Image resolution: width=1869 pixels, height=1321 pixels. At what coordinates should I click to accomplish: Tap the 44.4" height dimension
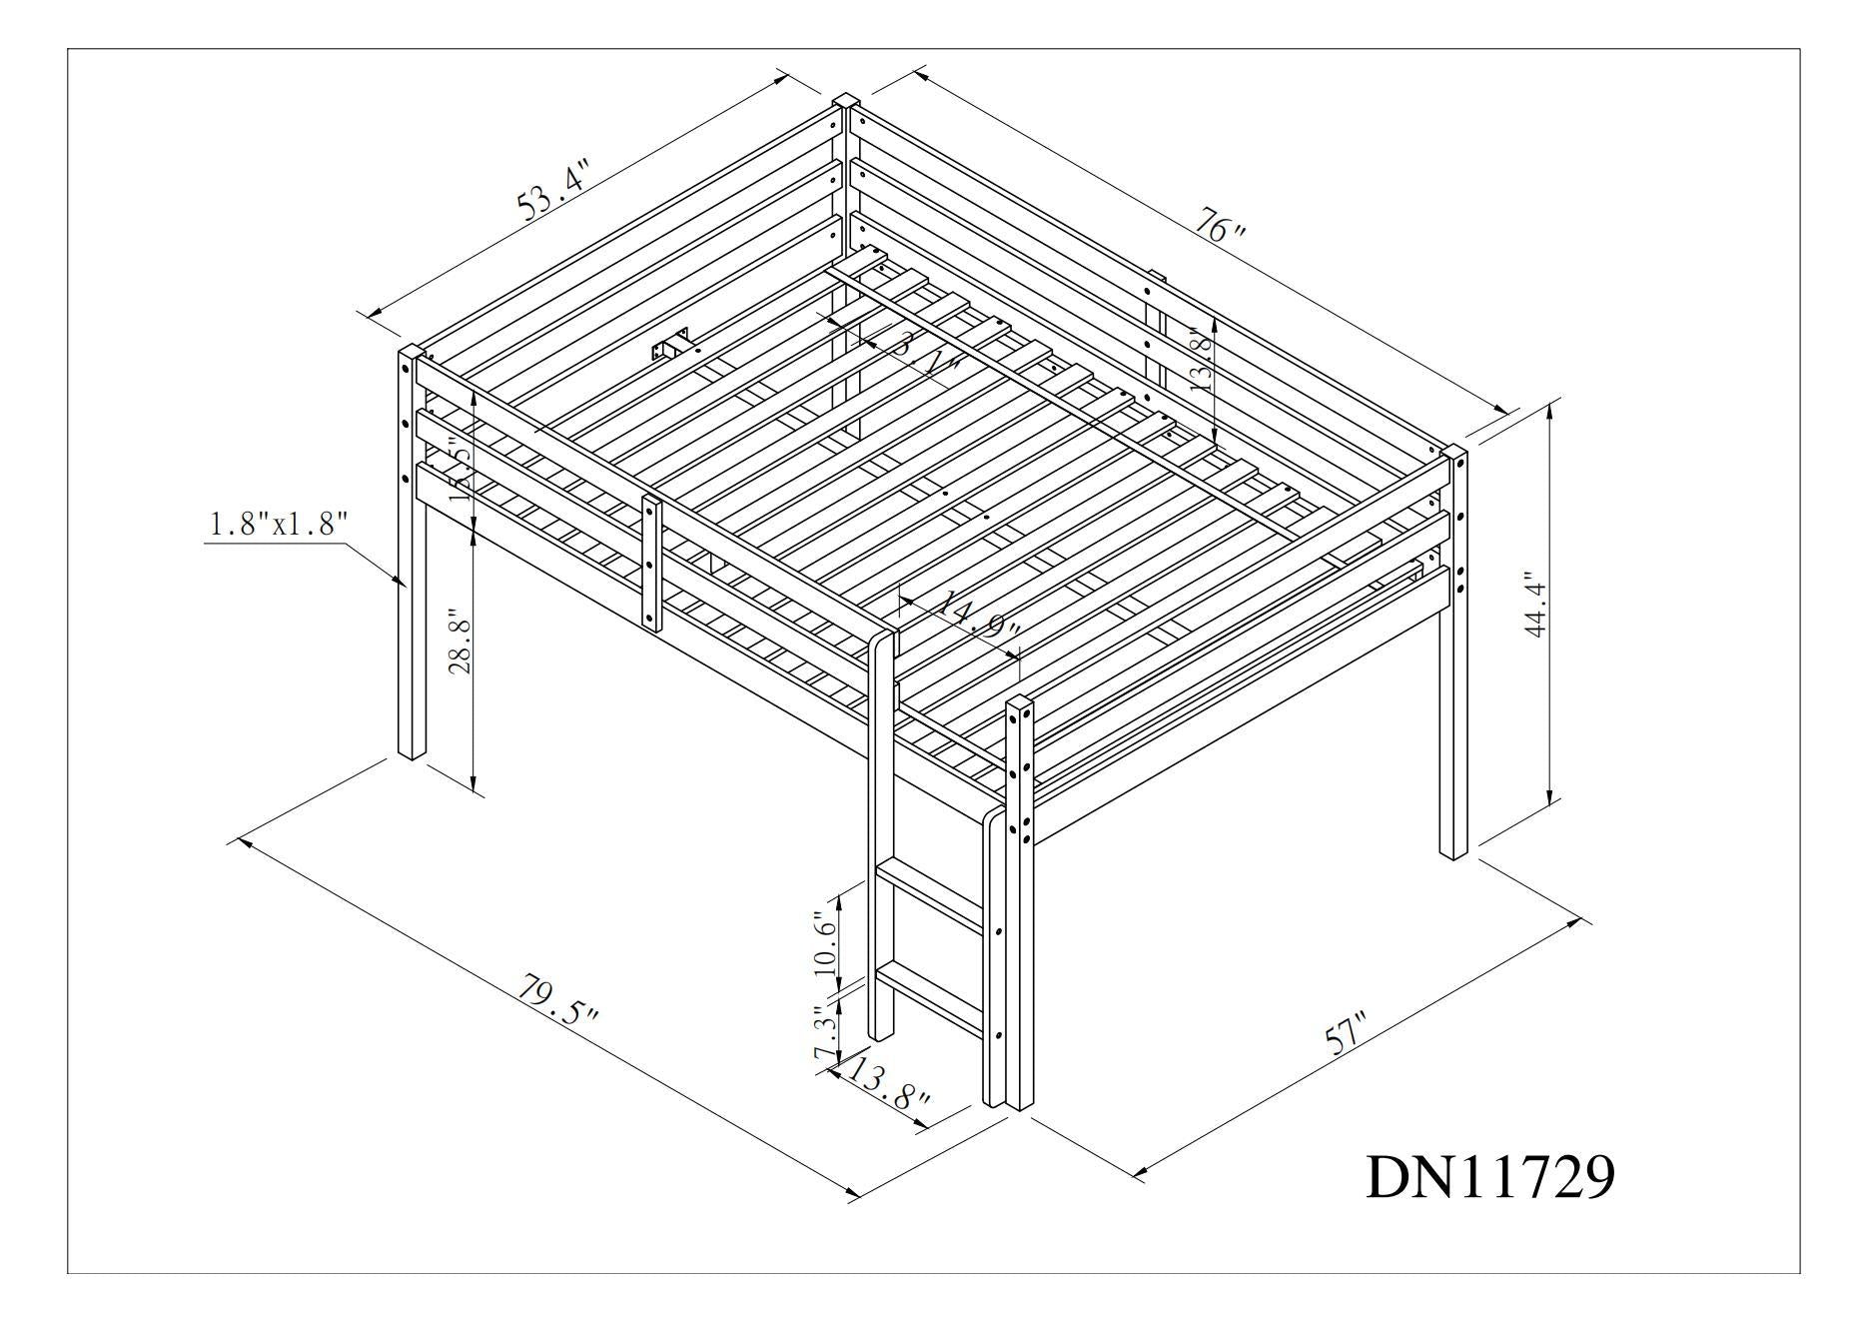(1535, 604)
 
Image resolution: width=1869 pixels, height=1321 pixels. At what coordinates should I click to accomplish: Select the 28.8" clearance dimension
(459, 641)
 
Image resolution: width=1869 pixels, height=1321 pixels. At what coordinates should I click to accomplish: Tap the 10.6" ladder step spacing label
(823, 942)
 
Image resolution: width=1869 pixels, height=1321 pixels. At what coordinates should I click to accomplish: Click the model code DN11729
(1488, 1177)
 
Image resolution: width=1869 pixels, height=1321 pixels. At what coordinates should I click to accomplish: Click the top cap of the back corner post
(846, 100)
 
